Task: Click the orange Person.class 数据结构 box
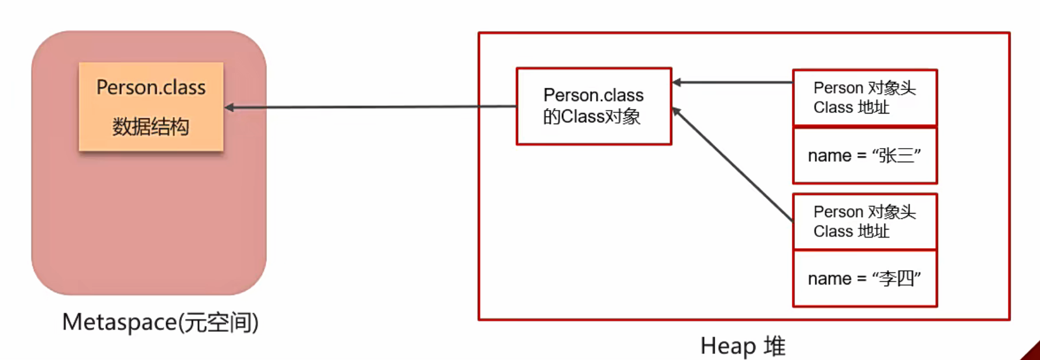pos(151,107)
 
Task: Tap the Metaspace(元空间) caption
pos(160,322)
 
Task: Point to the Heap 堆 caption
pos(742,346)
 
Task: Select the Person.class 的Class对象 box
pos(593,106)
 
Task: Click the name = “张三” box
pos(864,156)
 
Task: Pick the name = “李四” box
pos(864,279)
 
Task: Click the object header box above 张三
pos(864,97)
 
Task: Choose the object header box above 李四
pos(864,221)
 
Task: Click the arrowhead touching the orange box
pos(229,107)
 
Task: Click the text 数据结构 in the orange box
pos(151,126)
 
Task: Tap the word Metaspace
pos(119,322)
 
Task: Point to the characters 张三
pos(895,156)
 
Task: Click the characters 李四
pos(895,279)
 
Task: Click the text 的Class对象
pos(592,116)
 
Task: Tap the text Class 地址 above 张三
pos(851,107)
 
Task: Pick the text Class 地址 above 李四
pos(851,231)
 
